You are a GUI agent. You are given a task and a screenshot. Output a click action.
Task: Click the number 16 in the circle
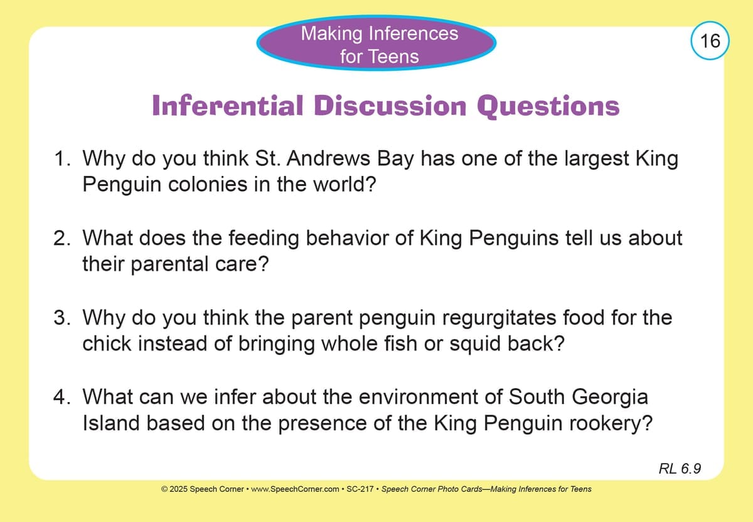pos(710,41)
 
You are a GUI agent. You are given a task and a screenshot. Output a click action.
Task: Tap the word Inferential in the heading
pos(228,106)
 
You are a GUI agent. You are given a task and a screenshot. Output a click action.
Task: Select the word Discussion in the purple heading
pos(390,106)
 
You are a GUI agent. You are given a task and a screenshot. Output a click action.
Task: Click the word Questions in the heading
pos(548,107)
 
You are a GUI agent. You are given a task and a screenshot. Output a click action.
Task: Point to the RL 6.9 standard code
pos(680,469)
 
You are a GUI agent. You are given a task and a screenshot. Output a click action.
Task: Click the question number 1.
pos(62,158)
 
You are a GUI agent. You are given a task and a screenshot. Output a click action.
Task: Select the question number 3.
pos(62,317)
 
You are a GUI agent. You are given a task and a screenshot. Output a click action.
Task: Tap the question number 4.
pos(62,397)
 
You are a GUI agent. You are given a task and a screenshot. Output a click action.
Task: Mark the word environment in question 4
pos(418,397)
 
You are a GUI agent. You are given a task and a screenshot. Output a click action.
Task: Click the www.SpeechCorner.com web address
pos(295,489)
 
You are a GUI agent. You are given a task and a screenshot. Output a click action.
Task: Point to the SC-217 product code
pos(360,489)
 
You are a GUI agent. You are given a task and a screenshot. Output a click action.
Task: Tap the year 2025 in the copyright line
pos(178,489)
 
